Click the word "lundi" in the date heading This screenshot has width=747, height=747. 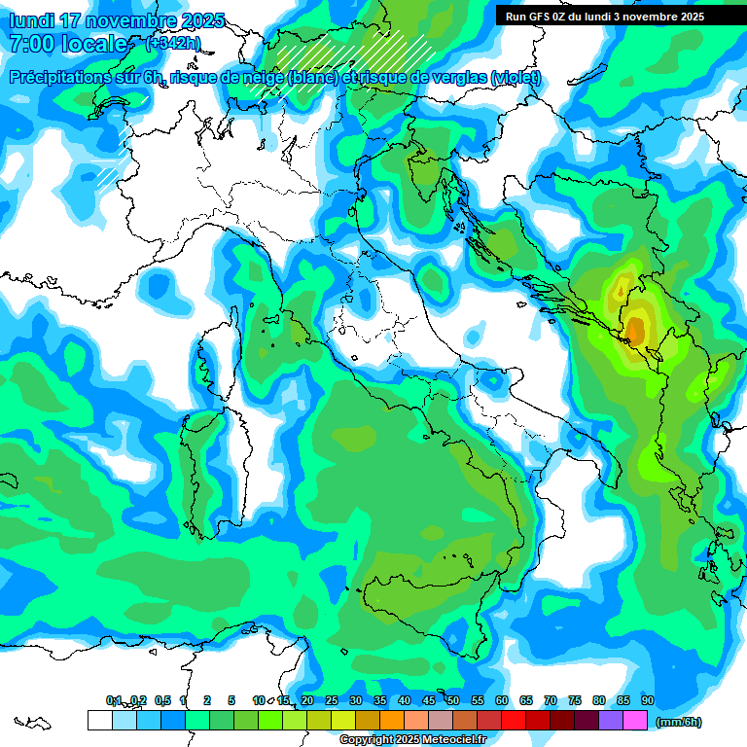point(30,20)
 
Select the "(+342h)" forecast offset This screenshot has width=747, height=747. point(172,44)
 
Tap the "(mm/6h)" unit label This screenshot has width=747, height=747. point(679,722)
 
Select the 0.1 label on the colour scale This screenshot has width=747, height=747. point(114,701)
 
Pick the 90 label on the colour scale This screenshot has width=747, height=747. point(647,701)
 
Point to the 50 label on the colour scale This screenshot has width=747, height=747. point(453,701)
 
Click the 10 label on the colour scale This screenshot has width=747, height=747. point(259,701)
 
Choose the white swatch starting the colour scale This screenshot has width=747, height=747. point(99,721)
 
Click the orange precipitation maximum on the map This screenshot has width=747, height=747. point(634,332)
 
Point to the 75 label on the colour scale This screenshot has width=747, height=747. point(575,701)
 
